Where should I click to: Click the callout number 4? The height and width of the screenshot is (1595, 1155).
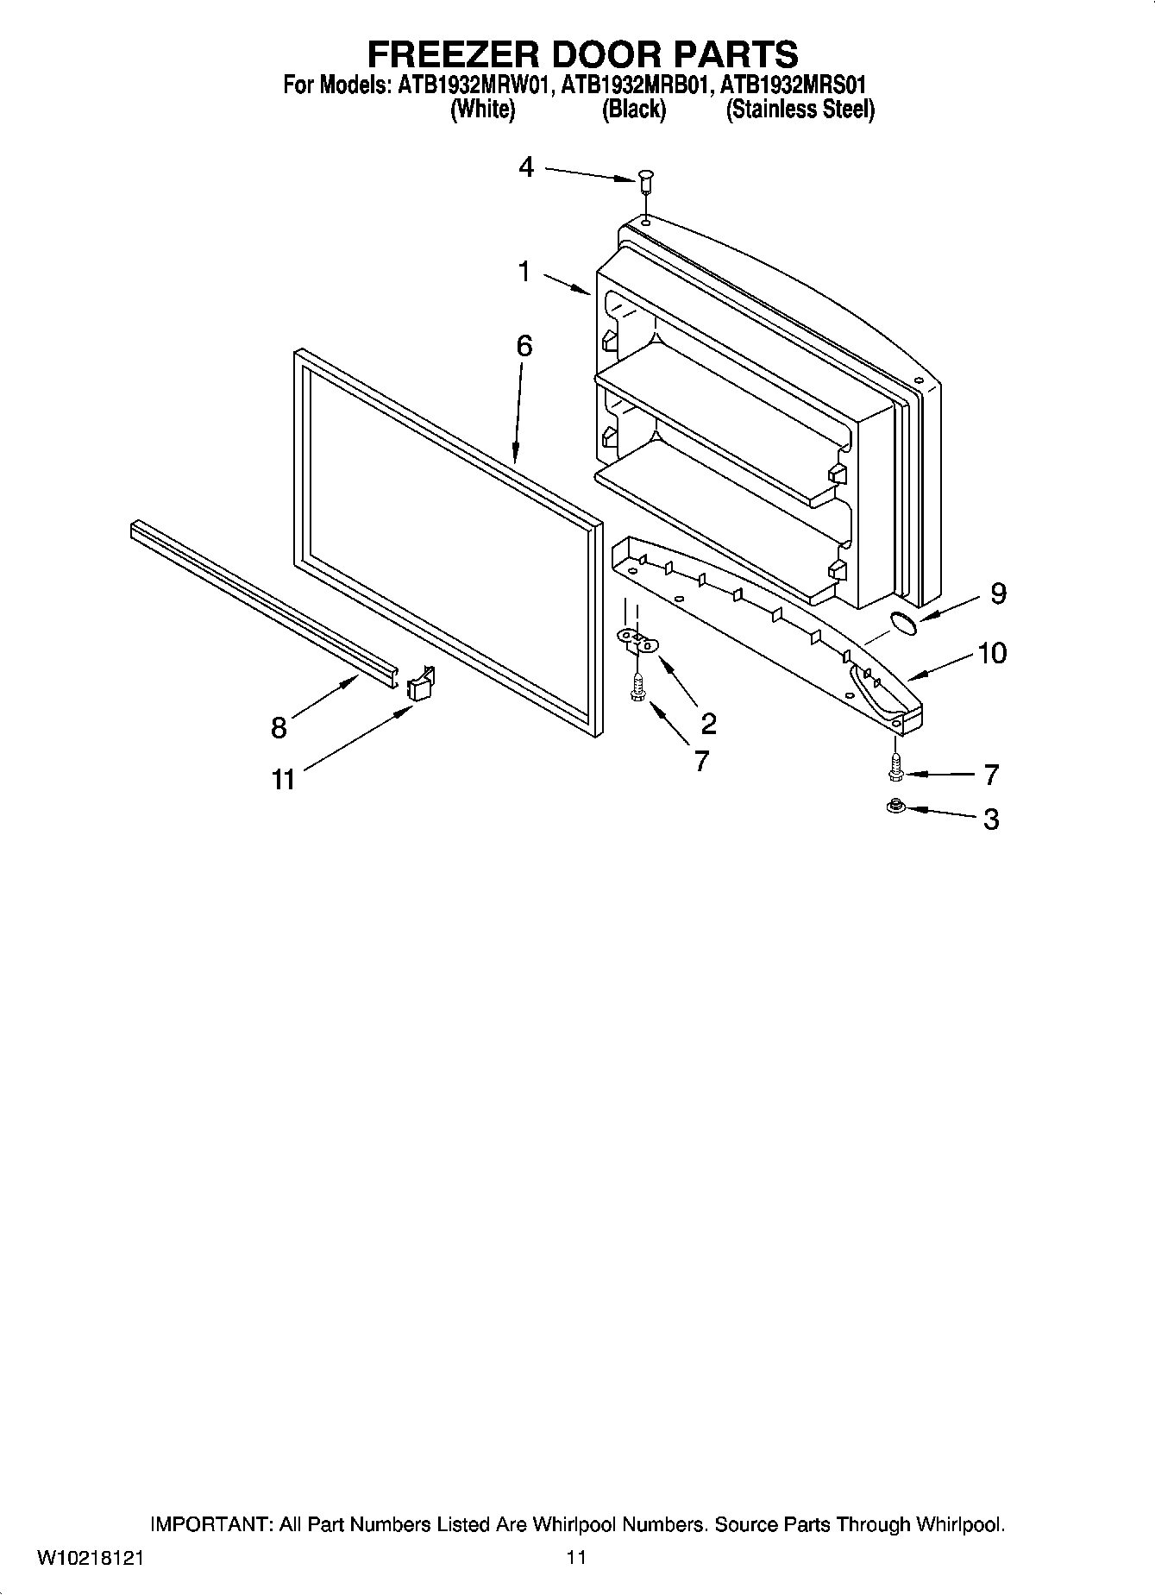click(526, 167)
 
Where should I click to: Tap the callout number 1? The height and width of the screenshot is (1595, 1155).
click(524, 273)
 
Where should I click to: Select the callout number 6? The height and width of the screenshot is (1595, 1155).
click(524, 346)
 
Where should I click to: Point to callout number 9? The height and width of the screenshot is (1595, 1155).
click(998, 593)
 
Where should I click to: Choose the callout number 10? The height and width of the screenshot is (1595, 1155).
click(992, 653)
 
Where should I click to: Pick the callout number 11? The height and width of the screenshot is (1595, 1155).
click(283, 780)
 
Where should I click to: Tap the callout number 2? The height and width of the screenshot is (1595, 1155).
click(708, 723)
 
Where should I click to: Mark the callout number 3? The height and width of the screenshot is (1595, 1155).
click(991, 819)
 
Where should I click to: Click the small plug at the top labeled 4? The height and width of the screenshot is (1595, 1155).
click(645, 182)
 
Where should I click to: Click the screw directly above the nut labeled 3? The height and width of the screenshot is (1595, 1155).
click(895, 766)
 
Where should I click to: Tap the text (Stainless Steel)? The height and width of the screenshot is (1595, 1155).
click(800, 110)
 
